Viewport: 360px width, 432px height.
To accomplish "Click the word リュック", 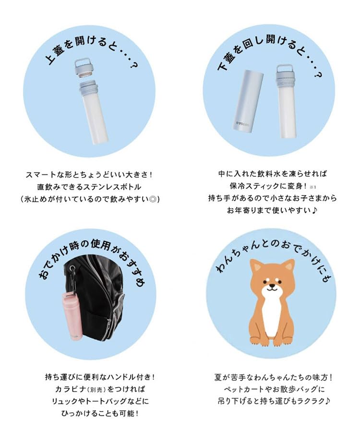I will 61,401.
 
